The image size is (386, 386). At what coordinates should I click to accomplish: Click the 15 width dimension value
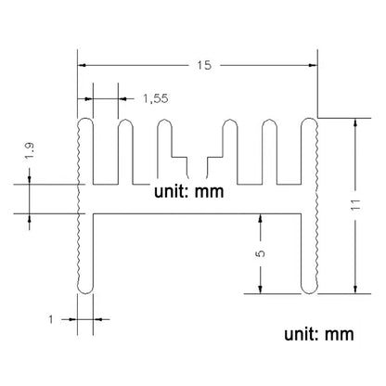click(204, 65)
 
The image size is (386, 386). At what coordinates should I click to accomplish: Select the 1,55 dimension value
click(156, 98)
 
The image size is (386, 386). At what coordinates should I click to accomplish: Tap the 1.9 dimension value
click(31, 150)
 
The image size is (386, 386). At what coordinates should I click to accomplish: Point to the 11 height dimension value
click(355, 204)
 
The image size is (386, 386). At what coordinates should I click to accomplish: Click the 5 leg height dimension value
click(261, 253)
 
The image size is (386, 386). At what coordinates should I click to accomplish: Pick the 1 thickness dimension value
click(51, 319)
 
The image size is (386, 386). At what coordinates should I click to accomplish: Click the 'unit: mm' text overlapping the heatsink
click(188, 192)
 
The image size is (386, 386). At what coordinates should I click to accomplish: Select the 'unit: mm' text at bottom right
click(319, 334)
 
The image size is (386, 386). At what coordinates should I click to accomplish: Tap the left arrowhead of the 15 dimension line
click(81, 65)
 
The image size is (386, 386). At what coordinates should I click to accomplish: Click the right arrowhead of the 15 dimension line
click(314, 65)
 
